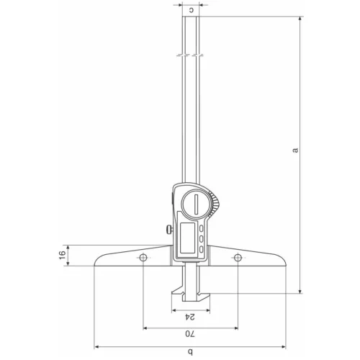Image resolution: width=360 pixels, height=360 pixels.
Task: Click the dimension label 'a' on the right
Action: [294, 150]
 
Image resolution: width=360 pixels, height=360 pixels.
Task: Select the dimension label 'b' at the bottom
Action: [190, 351]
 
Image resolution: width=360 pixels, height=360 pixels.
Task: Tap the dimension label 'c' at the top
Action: [191, 10]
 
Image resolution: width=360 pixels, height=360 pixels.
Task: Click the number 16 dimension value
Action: [62, 255]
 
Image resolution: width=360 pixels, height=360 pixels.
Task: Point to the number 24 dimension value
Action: [190, 317]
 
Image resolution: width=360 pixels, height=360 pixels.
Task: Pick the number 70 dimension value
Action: [190, 334]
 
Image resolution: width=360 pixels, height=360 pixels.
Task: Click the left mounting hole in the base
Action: [144, 258]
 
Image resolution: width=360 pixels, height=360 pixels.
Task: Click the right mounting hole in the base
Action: [236, 258]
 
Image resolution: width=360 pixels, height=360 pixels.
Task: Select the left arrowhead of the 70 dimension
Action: [147, 328]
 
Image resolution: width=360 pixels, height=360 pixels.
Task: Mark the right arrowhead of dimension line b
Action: [285, 346]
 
